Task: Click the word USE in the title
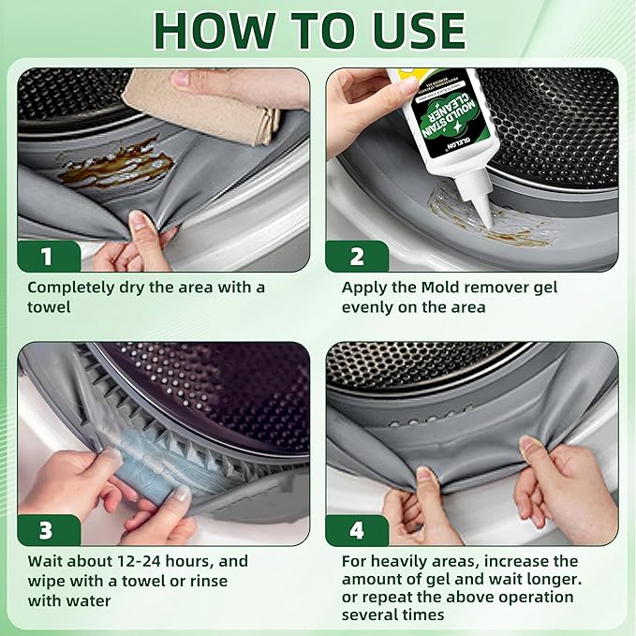pyautogui.click(x=418, y=31)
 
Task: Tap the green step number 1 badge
pyautogui.click(x=49, y=257)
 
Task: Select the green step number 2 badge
pyautogui.click(x=357, y=257)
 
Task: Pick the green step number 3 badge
pyautogui.click(x=49, y=530)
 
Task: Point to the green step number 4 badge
pyautogui.click(x=357, y=530)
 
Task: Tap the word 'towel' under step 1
pyautogui.click(x=49, y=307)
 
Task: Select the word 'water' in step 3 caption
pyautogui.click(x=89, y=600)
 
